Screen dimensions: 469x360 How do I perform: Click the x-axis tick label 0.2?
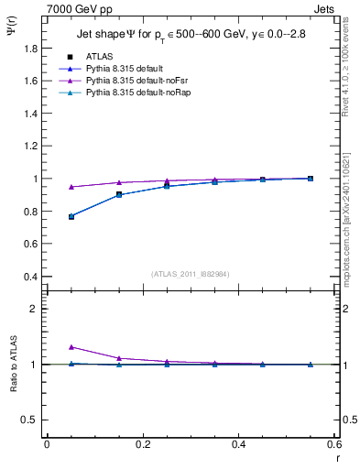[142, 444]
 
